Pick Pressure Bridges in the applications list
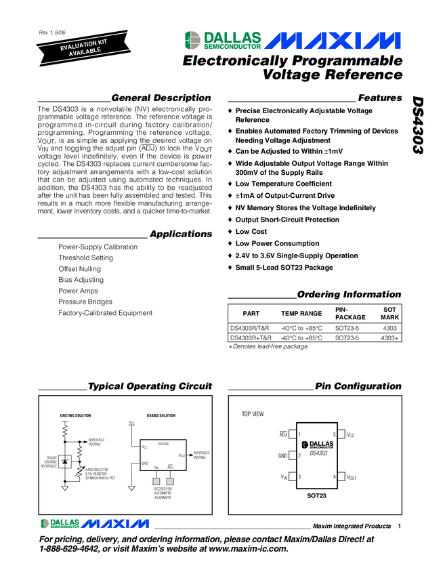coord(85,302)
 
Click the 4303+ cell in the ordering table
coord(389,337)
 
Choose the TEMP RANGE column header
coord(301,313)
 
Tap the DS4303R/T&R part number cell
coord(250,327)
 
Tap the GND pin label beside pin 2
coord(283,455)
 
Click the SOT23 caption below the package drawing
coord(315,497)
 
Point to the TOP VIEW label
coord(253,413)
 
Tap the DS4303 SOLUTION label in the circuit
coord(161,415)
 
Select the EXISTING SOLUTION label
coord(75,415)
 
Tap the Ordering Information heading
coord(349,295)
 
